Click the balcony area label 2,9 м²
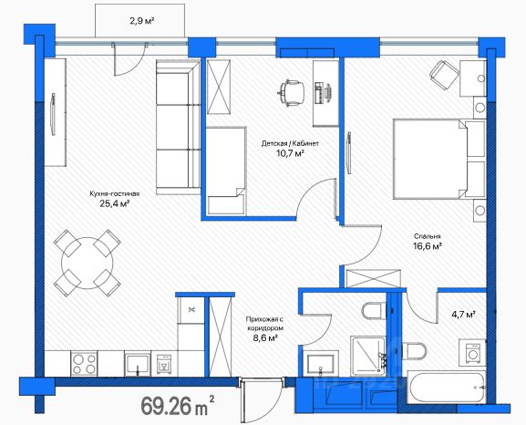click(142, 21)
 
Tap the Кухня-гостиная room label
click(115, 193)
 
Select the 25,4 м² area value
click(115, 203)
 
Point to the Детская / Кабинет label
click(290, 144)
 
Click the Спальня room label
click(427, 236)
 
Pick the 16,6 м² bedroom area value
click(427, 246)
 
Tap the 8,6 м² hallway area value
click(264, 337)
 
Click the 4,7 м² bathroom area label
click(463, 315)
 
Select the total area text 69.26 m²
click(178, 405)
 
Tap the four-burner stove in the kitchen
click(84, 364)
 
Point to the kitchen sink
click(138, 364)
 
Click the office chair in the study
click(291, 92)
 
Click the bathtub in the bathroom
click(447, 387)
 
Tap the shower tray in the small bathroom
click(368, 357)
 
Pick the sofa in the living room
click(178, 128)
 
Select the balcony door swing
click(130, 60)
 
